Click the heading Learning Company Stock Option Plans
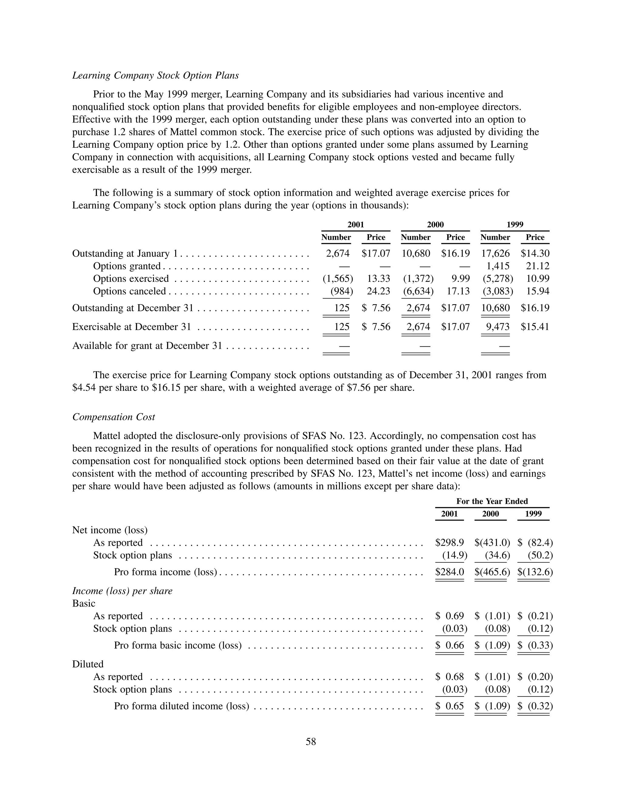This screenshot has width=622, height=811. (155, 76)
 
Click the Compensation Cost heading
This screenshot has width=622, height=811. (113, 417)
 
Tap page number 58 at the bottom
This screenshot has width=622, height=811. (311, 741)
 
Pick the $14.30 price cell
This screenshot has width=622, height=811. (535, 254)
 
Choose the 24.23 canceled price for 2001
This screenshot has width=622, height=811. (378, 291)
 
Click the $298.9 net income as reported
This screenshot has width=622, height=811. (449, 543)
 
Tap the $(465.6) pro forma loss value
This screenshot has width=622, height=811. (492, 572)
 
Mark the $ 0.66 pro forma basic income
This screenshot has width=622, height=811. (449, 645)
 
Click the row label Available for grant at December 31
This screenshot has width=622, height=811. (147, 346)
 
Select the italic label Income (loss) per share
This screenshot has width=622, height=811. (122, 591)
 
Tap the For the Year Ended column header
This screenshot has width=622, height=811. (492, 501)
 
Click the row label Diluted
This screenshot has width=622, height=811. (88, 664)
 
